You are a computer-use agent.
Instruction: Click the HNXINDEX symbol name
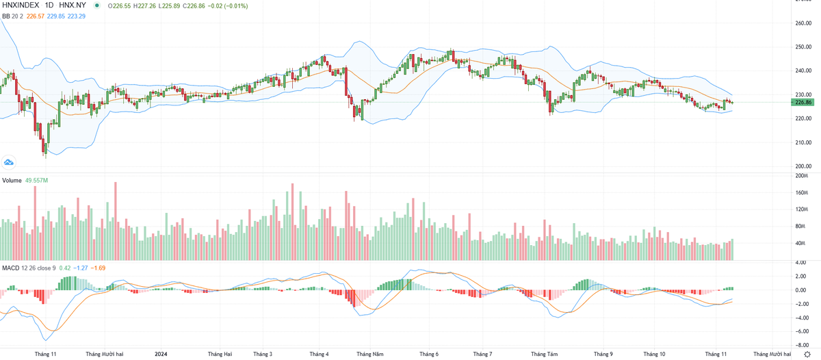(x=21, y=5)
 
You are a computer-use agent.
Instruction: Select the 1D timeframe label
(x=50, y=5)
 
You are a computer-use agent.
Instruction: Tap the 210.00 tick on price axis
(x=803, y=142)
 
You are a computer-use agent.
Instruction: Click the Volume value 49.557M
(x=37, y=180)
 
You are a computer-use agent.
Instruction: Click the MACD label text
(x=10, y=267)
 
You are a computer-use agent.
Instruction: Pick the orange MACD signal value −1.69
(x=98, y=267)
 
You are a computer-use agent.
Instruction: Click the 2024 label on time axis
(x=161, y=354)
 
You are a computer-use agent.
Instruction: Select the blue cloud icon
(x=9, y=162)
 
